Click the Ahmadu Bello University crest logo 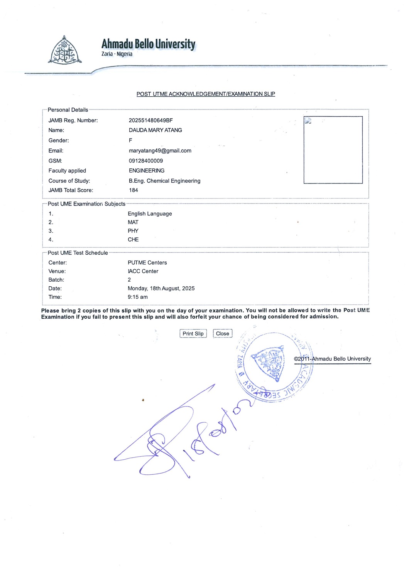(x=65, y=50)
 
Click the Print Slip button (x=193, y=334)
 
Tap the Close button (x=223, y=334)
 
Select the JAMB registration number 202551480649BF (x=150, y=121)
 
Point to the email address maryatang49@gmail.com (x=160, y=151)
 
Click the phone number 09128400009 (x=145, y=161)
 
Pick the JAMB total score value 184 (x=133, y=190)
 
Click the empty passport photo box (x=333, y=150)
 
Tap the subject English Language (x=150, y=214)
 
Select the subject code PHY (x=133, y=231)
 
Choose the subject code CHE (x=133, y=240)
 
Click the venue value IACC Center (x=143, y=271)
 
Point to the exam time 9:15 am (x=137, y=297)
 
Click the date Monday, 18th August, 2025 (x=161, y=289)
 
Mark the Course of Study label (x=69, y=181)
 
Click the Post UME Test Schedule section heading (x=78, y=253)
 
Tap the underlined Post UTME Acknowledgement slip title (x=206, y=94)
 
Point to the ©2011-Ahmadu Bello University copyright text (x=332, y=359)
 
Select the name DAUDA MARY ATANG (x=155, y=130)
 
